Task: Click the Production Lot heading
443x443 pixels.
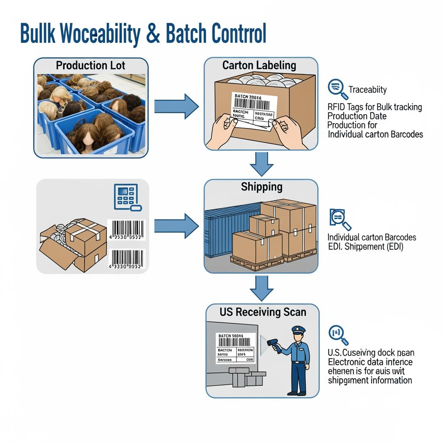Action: pyautogui.click(x=90, y=66)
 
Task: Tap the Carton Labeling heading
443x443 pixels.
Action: pyautogui.click(x=259, y=65)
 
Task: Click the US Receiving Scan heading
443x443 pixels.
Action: pyautogui.click(x=263, y=311)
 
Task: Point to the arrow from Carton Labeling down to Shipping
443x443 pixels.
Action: pyautogui.click(x=262, y=163)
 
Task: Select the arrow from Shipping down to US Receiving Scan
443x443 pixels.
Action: pyautogui.click(x=262, y=288)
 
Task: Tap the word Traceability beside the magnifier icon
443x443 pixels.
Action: pyautogui.click(x=367, y=90)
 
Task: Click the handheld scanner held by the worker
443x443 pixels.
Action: pyautogui.click(x=274, y=344)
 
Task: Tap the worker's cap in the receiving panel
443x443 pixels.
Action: pyautogui.click(x=298, y=329)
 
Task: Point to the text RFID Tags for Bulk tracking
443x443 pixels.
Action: pyautogui.click(x=375, y=107)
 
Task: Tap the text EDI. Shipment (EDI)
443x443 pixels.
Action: pyautogui.click(x=365, y=247)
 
